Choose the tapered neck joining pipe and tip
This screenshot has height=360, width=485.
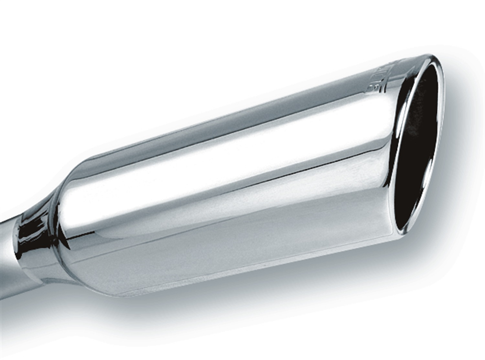point(36,239)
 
